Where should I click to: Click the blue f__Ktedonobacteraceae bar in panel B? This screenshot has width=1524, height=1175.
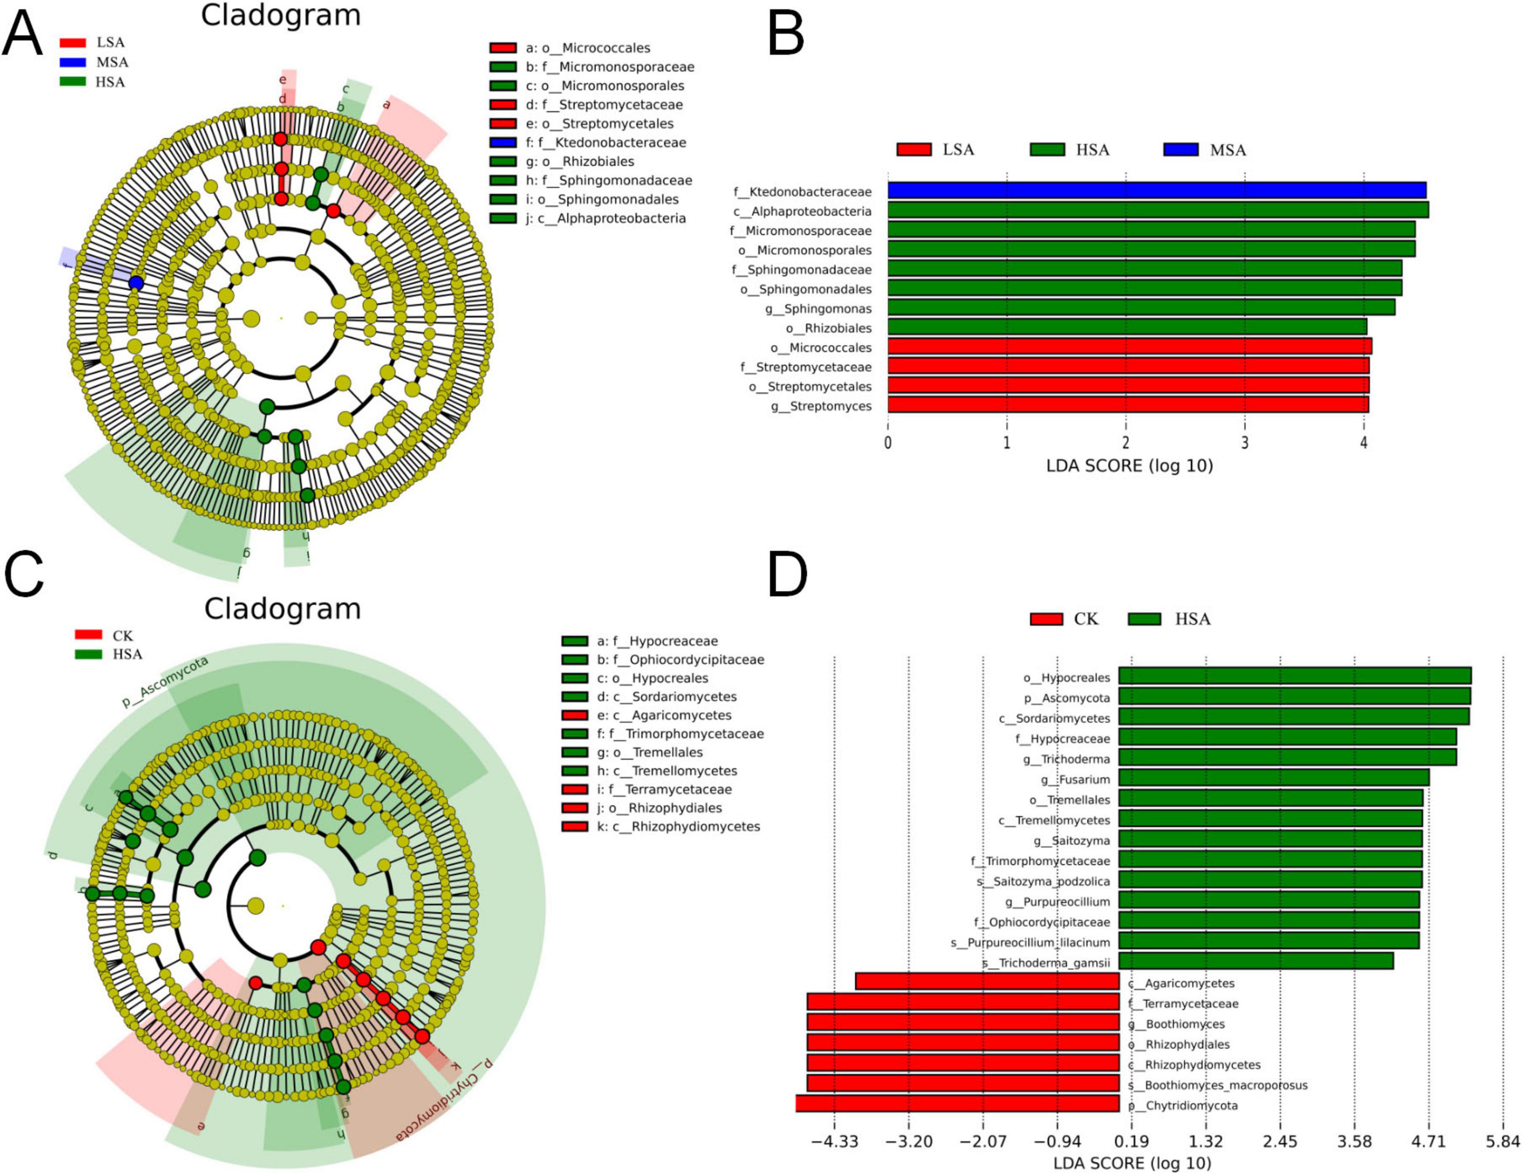point(1156,190)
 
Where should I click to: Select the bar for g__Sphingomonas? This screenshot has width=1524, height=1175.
point(1141,308)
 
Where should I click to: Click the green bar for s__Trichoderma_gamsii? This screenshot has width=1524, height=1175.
point(1256,962)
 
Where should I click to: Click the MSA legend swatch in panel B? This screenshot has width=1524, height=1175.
point(1181,150)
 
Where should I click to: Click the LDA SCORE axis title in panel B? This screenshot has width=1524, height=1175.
point(1129,466)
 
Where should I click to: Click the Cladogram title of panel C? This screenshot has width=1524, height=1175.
point(283,609)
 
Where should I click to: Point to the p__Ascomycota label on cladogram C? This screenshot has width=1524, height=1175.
point(165,682)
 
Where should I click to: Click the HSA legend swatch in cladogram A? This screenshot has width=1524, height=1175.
point(73,82)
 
